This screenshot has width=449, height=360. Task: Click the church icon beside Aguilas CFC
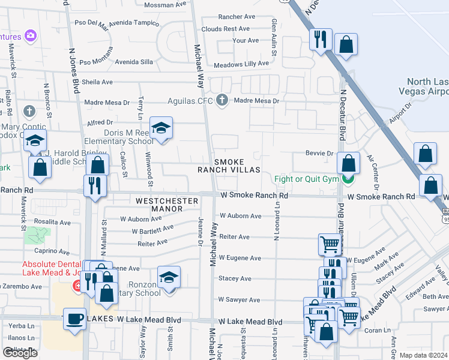(223, 100)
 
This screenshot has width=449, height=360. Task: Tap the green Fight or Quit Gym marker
(347, 178)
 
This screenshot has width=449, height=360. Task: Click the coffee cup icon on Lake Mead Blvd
(74, 319)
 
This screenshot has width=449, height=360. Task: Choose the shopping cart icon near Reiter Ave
(330, 244)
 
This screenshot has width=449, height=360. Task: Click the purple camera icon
(30, 36)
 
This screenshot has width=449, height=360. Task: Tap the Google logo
(20, 353)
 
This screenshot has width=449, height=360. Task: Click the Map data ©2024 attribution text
(423, 355)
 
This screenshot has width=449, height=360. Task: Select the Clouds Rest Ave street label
(226, 29)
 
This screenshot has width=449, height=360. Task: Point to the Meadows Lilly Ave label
(241, 64)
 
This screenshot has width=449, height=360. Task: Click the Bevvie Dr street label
(319, 154)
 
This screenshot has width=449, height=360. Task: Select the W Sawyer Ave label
(240, 299)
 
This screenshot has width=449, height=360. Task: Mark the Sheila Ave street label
(97, 82)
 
